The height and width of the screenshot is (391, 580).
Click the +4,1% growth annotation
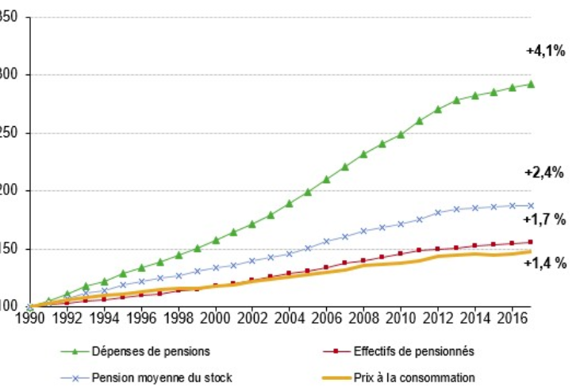545,51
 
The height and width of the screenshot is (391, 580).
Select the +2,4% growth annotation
544,173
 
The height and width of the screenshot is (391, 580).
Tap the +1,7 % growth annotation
545,220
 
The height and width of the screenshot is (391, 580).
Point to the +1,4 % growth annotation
545,263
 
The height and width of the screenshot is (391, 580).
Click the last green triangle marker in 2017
531,83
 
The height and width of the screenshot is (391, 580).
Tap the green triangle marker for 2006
326,179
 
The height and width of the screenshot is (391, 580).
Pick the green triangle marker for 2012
437,109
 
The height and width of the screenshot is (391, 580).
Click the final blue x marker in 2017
531,205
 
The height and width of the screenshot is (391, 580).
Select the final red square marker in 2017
531,242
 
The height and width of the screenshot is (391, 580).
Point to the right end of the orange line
532,251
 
